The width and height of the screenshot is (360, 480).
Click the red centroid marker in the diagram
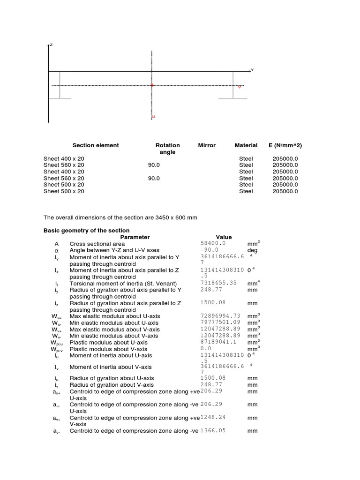coord(151,85)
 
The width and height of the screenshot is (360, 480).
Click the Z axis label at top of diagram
coord(51,45)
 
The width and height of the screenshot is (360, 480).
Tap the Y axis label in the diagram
coord(252,70)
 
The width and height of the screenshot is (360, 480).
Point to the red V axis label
coord(240,87)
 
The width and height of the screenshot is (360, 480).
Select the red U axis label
coord(153,116)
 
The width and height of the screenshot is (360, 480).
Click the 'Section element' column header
coord(96,145)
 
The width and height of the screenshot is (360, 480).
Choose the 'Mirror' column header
coord(207,145)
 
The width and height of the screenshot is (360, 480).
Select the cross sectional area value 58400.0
coord(213,244)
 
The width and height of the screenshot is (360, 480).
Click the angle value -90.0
coord(210,250)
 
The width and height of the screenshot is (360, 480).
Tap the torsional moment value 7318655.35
coord(218,283)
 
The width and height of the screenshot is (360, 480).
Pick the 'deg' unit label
coord(252,250)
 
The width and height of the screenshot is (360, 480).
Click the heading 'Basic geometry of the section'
coord(86,231)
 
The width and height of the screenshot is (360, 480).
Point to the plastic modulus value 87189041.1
coord(217,342)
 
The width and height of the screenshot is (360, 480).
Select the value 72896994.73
coord(220,316)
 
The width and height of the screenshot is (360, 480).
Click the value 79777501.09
coord(220,322)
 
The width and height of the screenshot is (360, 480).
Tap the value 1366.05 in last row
coord(213,430)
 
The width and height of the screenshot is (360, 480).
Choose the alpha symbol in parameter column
coord(57,250)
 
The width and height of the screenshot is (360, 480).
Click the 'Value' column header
coord(223,237)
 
